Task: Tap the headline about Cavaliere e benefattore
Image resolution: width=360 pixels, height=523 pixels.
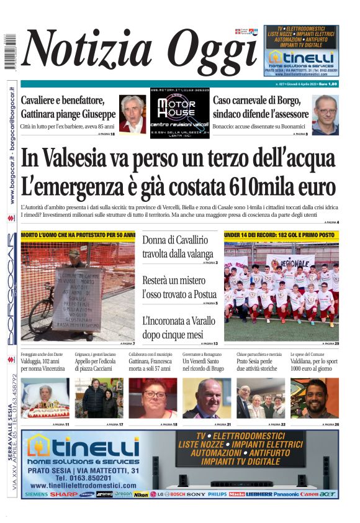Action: coord(68,107)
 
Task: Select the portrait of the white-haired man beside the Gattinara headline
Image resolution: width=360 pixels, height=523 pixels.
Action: coord(132,114)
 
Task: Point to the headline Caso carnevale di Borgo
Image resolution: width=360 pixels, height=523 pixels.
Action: coord(260,107)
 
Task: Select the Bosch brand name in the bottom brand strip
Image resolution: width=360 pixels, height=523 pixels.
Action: coord(177,494)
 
